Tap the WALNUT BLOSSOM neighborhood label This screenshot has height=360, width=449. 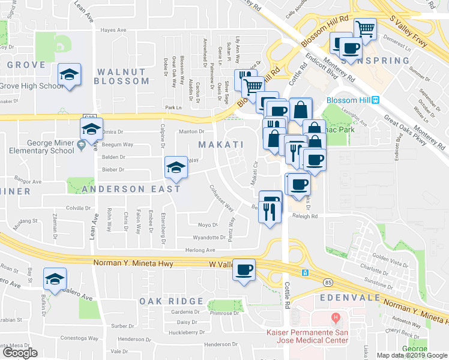pos(121,76)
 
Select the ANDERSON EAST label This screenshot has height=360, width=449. pos(131,189)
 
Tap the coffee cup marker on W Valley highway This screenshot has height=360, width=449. pos(244,271)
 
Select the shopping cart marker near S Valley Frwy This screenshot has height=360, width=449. pos(364,29)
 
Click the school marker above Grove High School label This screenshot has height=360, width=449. pos(69,75)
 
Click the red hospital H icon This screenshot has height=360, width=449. pos(336,317)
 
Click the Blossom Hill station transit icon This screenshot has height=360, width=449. pos(375,100)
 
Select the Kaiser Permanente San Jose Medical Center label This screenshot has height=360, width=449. pos(307,336)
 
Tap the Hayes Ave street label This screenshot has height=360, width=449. pos(113,30)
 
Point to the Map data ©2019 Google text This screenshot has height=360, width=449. pos(411,355)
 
